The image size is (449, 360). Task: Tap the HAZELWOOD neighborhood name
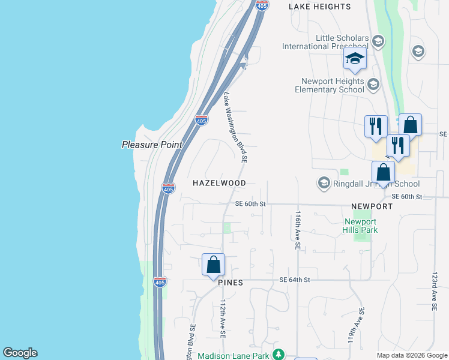[x=219, y=182]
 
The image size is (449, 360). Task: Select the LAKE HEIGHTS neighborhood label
[x=319, y=7]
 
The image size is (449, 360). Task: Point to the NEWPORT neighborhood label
[x=372, y=206]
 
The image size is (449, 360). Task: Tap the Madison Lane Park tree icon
[x=278, y=354]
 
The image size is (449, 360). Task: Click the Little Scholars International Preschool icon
[x=378, y=41]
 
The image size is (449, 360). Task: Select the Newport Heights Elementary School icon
[x=373, y=84]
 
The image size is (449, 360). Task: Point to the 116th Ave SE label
[x=297, y=229]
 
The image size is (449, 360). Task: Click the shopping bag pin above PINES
[x=213, y=265]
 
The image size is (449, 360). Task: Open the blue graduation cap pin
[x=355, y=59]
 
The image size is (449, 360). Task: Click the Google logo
[x=20, y=353]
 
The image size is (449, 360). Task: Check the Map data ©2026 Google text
[x=411, y=355]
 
